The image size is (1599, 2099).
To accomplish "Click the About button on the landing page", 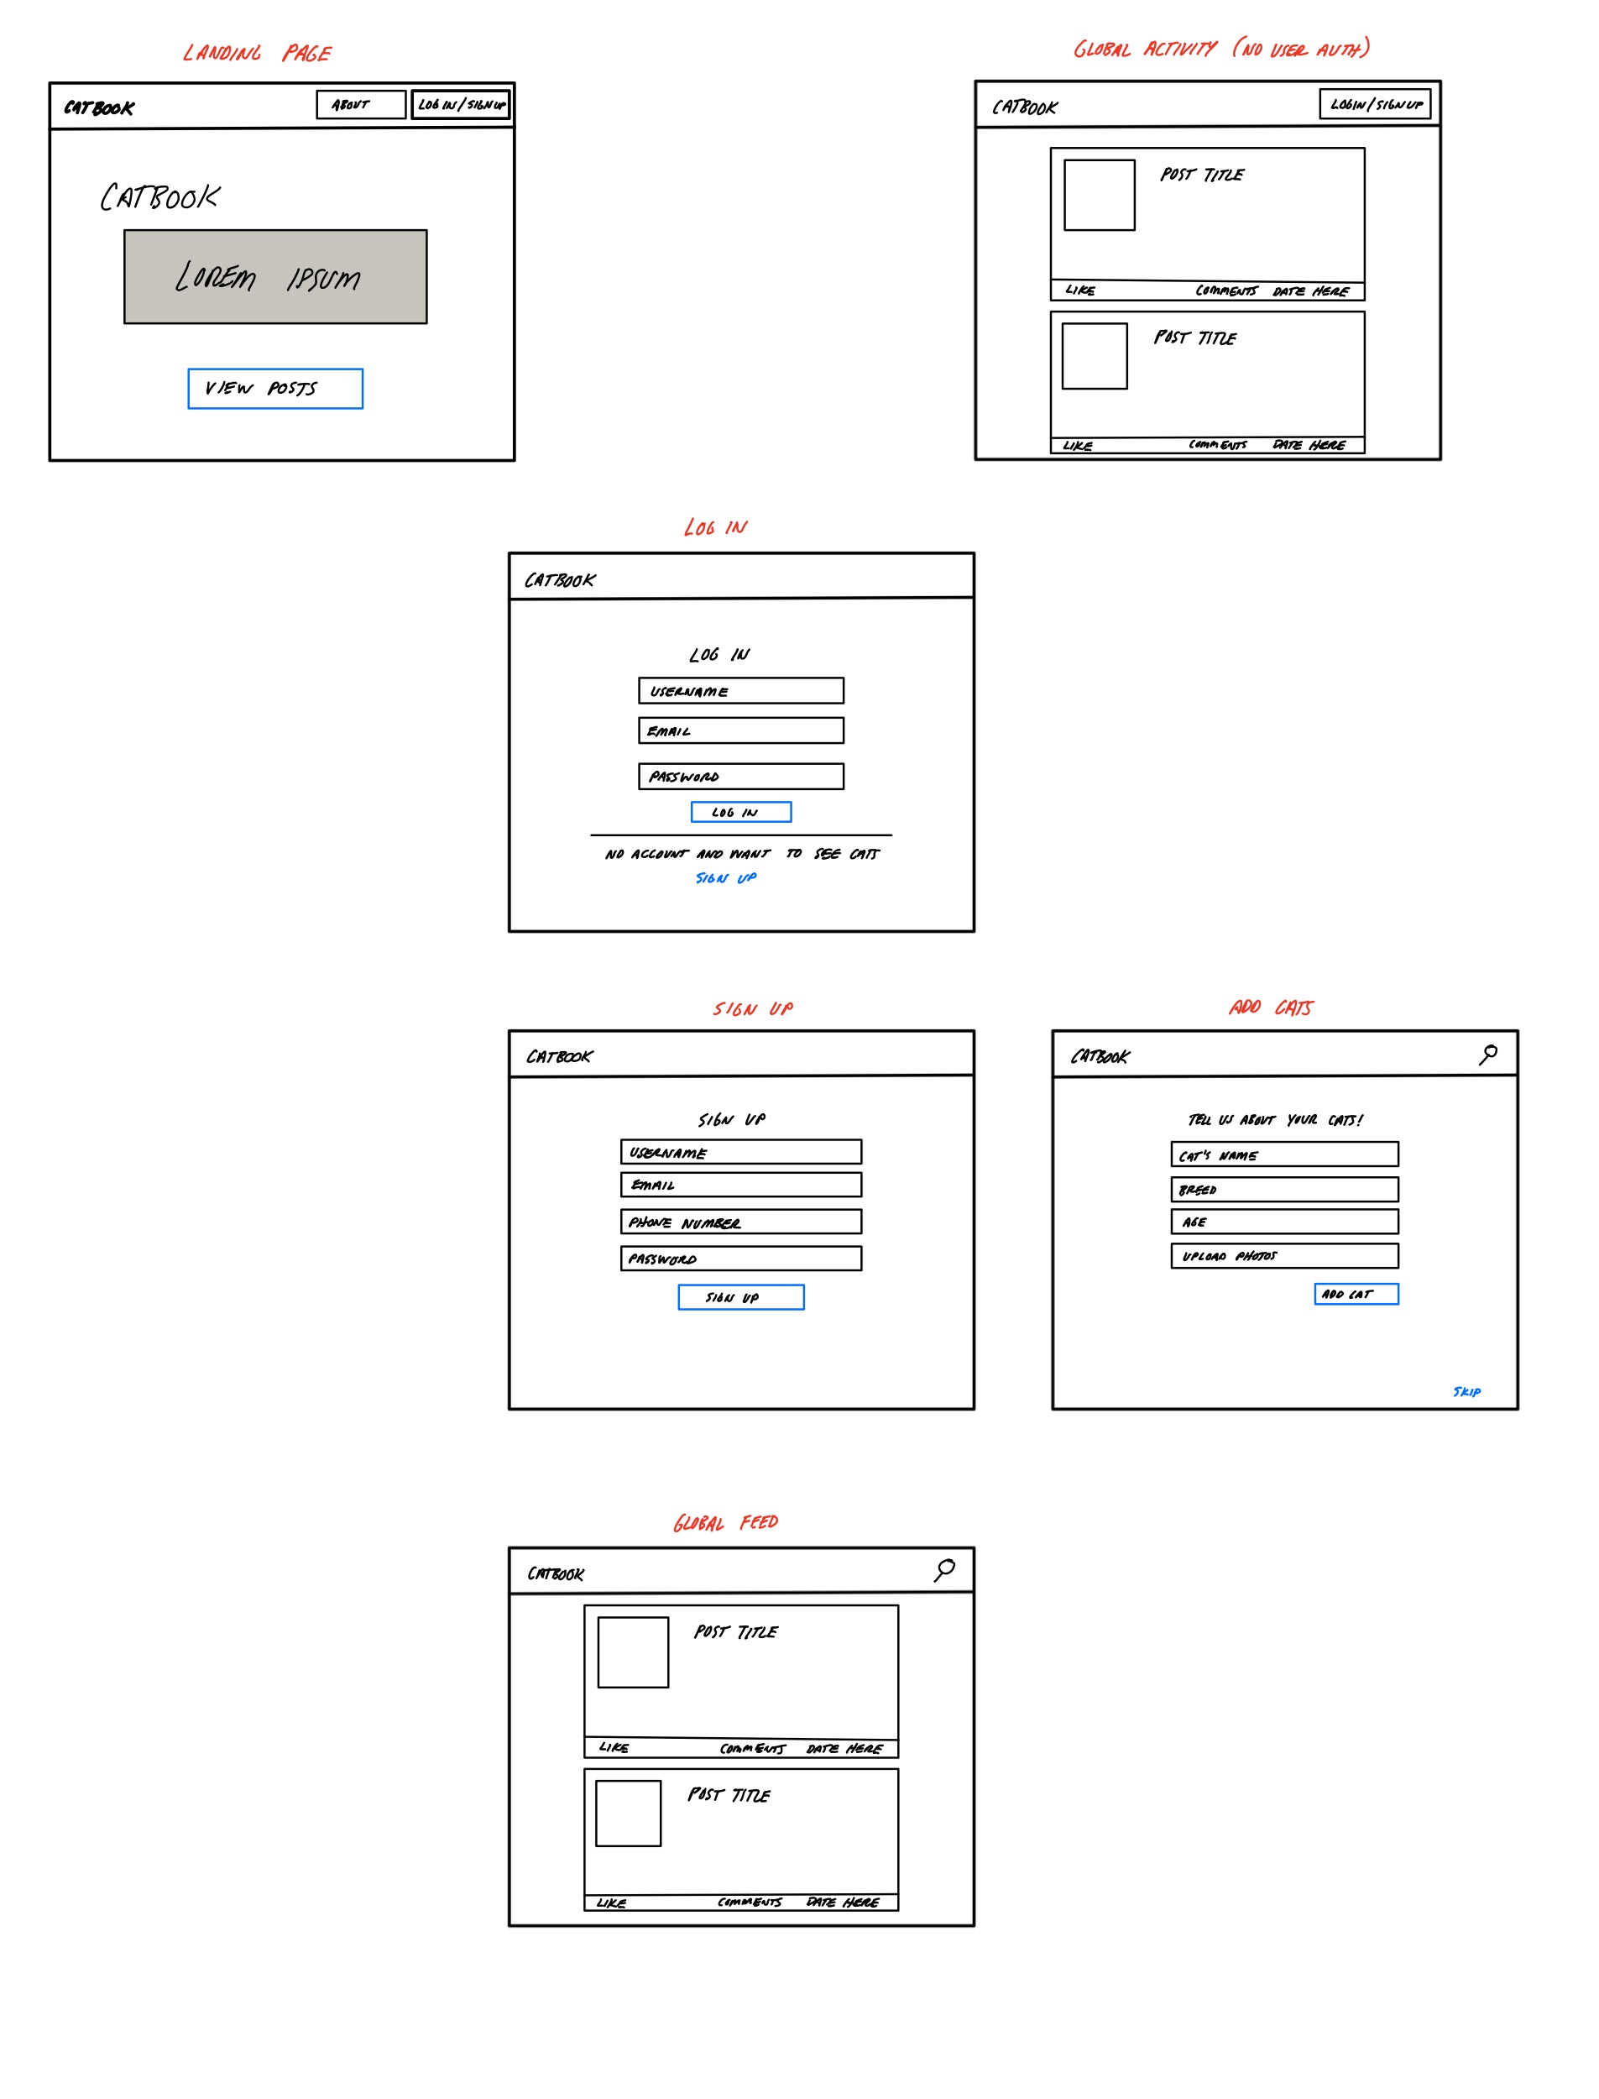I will (361, 105).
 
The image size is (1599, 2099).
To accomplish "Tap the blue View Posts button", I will (275, 389).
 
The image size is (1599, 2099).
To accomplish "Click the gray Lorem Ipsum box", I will (275, 277).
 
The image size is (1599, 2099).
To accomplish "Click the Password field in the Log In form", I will (740, 777).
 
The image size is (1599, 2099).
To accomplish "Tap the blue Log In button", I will (740, 812).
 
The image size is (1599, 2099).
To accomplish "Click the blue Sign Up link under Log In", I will (725, 877).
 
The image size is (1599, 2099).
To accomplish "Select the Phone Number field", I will (740, 1222).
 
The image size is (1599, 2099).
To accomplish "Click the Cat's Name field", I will (1284, 1154).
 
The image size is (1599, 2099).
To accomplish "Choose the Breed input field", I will (1284, 1189).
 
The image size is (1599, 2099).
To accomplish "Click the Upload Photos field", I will (1284, 1255).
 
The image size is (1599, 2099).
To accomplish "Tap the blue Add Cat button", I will (1356, 1294).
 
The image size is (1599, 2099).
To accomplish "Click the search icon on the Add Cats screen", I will (1487, 1054).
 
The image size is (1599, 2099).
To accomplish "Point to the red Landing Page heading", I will (257, 53).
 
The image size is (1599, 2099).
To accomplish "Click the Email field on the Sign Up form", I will (740, 1184).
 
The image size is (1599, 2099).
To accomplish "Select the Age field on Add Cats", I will (1284, 1222).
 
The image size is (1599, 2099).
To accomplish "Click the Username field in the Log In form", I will (740, 691).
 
